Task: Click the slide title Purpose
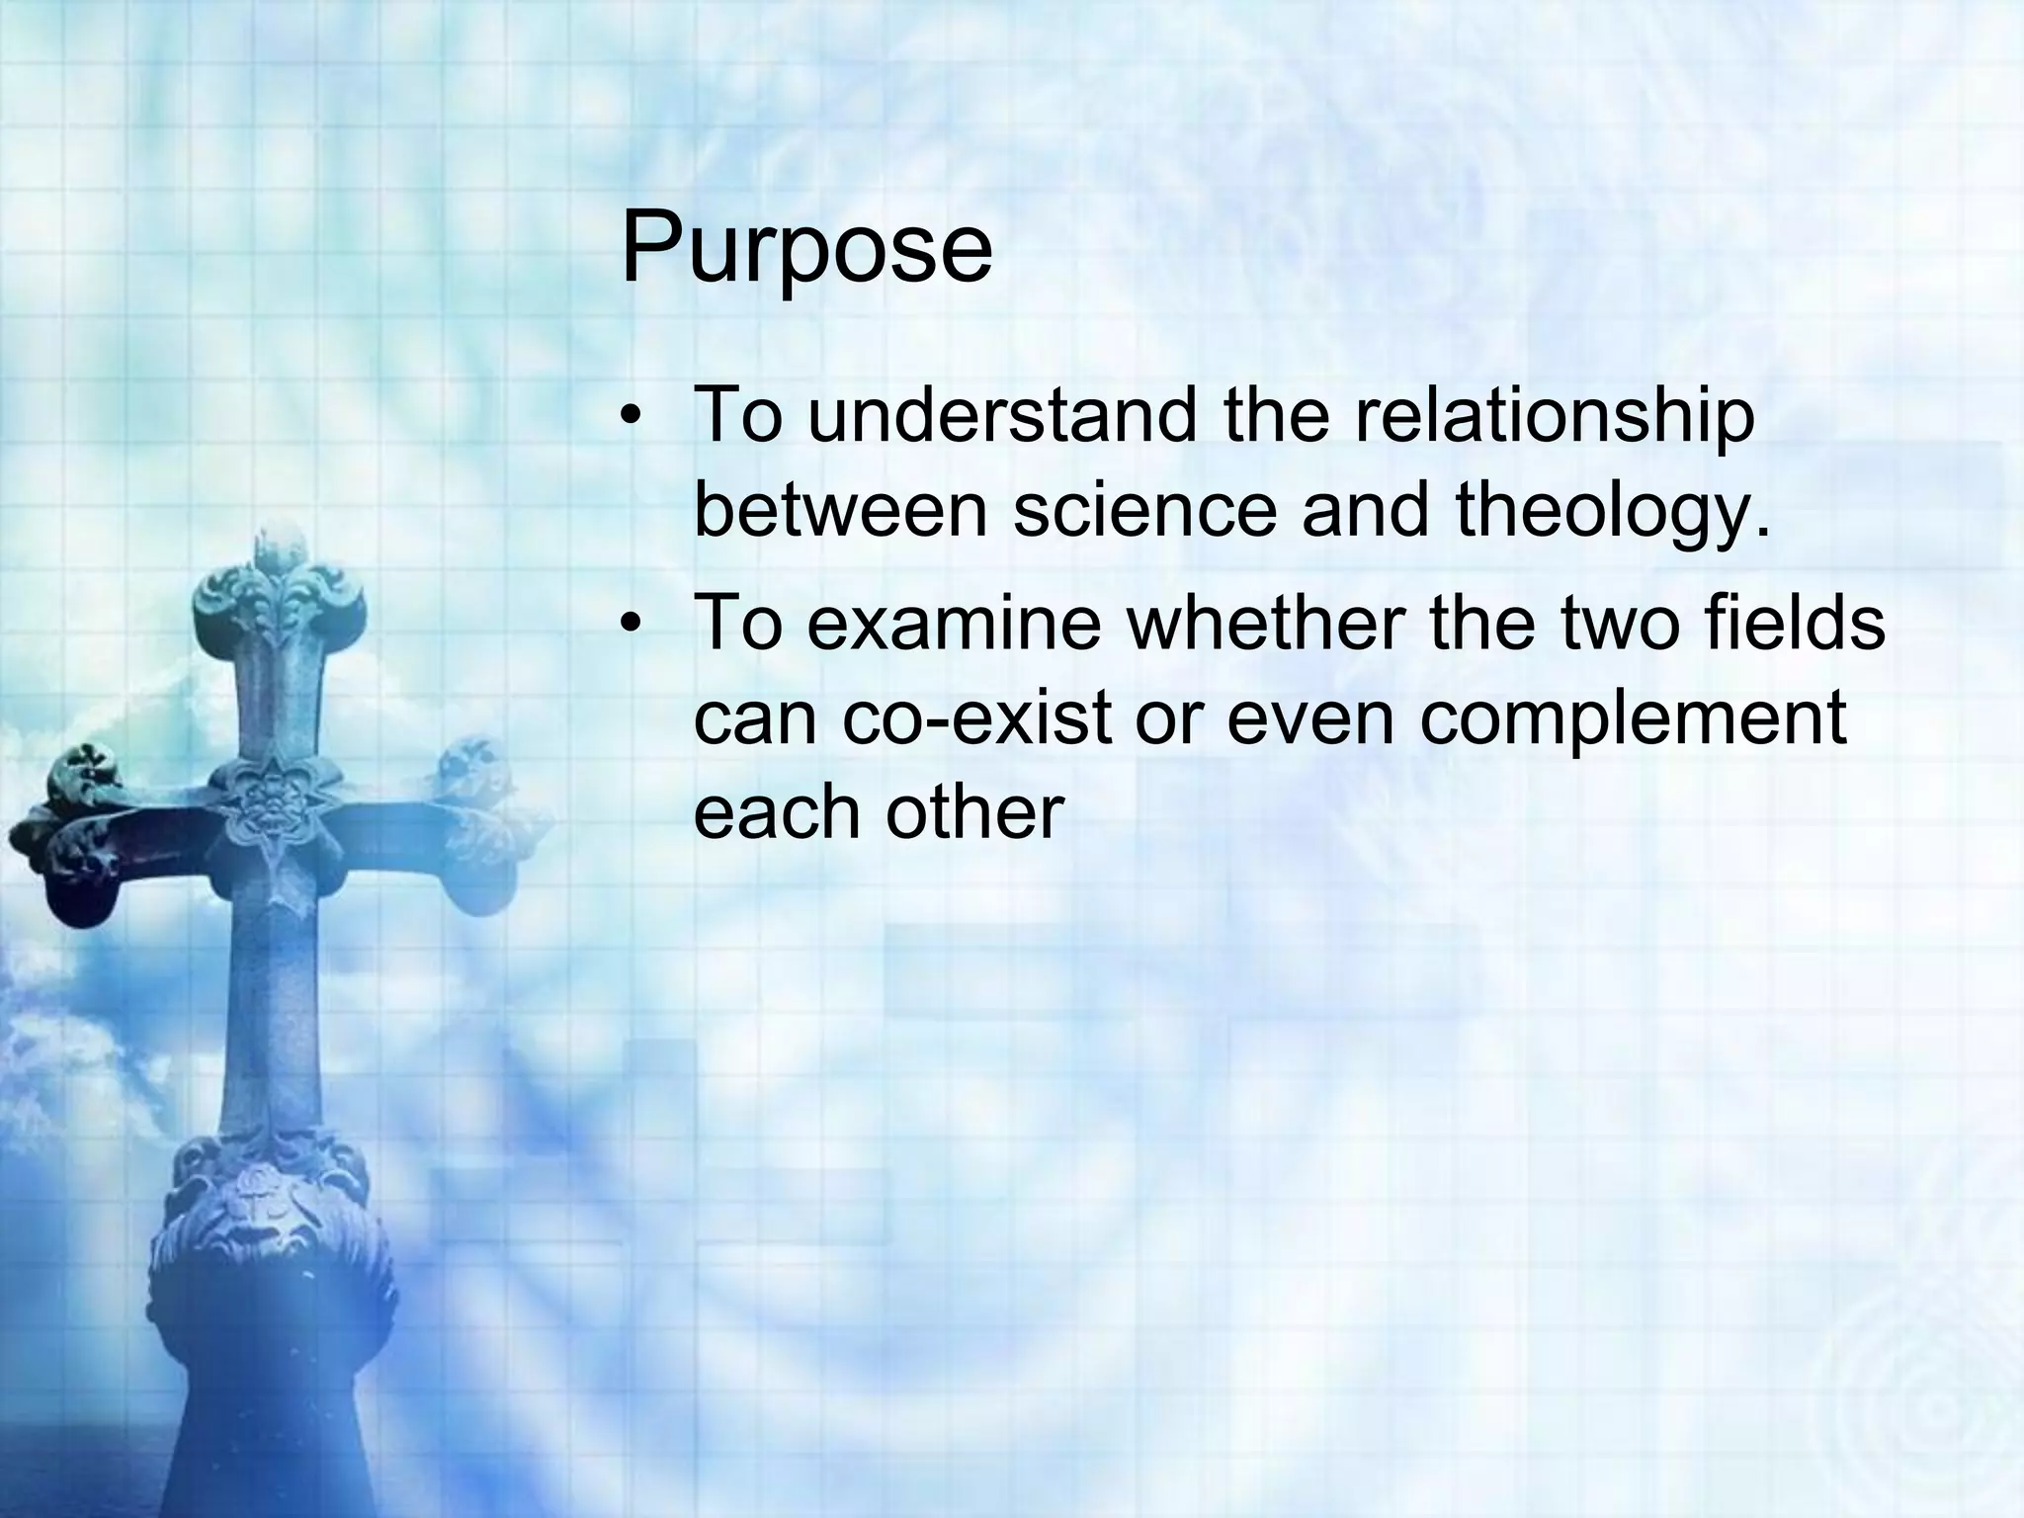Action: tap(805, 247)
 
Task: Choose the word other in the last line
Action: tap(973, 812)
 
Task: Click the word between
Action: tap(841, 511)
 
